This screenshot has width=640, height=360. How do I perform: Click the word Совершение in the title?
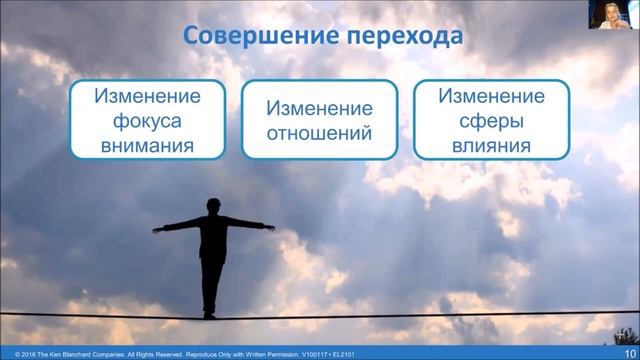[245, 38]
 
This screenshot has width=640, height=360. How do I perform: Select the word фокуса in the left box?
[147, 123]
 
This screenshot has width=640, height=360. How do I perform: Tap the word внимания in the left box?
[147, 146]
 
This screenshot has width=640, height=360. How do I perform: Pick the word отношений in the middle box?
[320, 132]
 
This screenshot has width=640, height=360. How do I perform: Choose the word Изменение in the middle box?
[320, 108]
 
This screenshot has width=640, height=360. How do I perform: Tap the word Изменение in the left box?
[147, 99]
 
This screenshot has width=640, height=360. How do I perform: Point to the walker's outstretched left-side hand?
[157, 229]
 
